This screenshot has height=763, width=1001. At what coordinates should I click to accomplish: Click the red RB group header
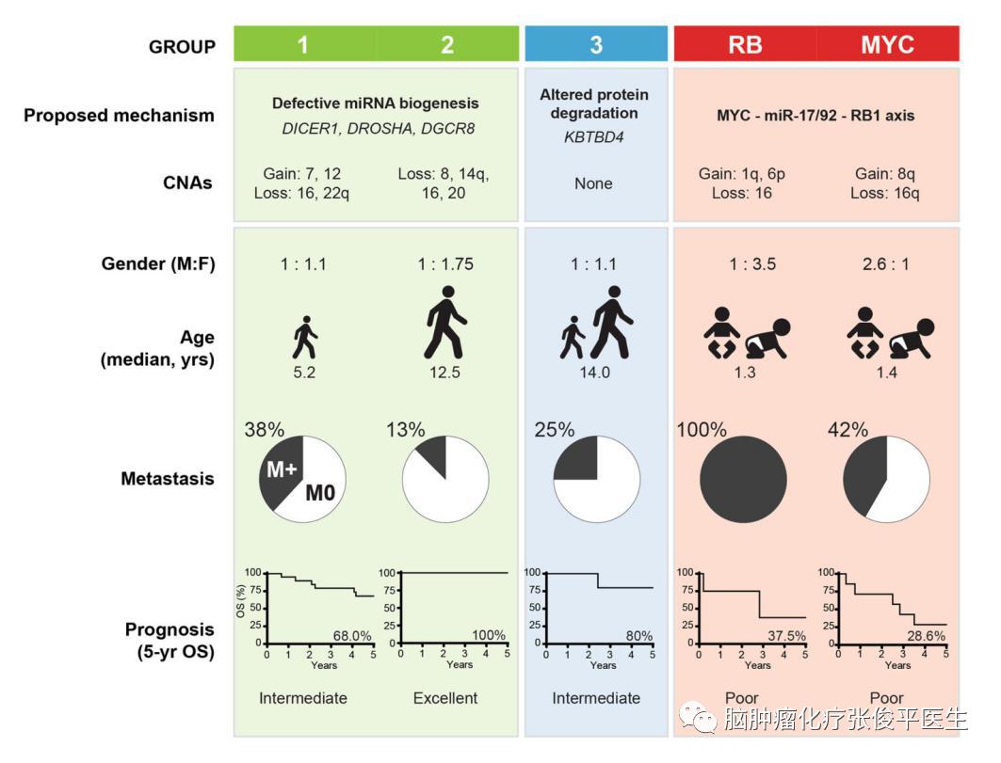(x=745, y=44)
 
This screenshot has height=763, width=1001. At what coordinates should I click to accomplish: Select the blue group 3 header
(x=595, y=44)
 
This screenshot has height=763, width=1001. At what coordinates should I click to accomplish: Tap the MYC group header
(x=887, y=44)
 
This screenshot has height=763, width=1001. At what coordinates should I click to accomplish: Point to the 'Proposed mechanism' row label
(x=119, y=116)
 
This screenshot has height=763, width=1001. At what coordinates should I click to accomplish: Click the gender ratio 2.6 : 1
(x=885, y=264)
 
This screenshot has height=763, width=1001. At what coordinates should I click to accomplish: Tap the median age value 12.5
(x=445, y=372)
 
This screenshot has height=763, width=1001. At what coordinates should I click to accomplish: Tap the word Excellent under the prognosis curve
(x=445, y=698)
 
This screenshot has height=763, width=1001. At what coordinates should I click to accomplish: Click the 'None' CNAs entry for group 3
(x=593, y=183)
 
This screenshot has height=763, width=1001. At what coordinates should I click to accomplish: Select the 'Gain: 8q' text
(x=885, y=173)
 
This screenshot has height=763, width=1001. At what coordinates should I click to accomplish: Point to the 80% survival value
(x=639, y=636)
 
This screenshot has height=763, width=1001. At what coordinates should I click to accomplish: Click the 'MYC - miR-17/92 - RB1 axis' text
(x=815, y=116)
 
